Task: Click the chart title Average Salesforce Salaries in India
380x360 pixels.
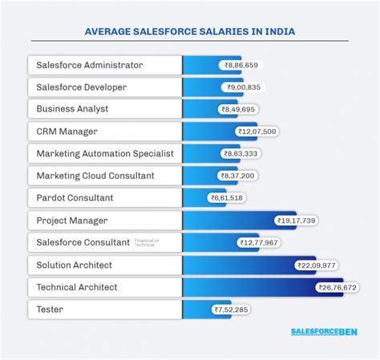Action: click(189, 33)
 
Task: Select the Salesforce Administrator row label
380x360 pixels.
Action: click(90, 65)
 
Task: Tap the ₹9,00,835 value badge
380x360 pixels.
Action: click(244, 87)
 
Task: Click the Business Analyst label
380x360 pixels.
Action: click(72, 109)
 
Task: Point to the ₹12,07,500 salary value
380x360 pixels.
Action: click(257, 131)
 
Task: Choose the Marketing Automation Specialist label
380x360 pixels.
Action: click(104, 153)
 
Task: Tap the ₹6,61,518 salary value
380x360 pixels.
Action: click(228, 197)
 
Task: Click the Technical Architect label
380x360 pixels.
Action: click(77, 286)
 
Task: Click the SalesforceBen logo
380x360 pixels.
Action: click(324, 331)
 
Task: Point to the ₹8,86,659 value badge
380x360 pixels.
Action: click(241, 65)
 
